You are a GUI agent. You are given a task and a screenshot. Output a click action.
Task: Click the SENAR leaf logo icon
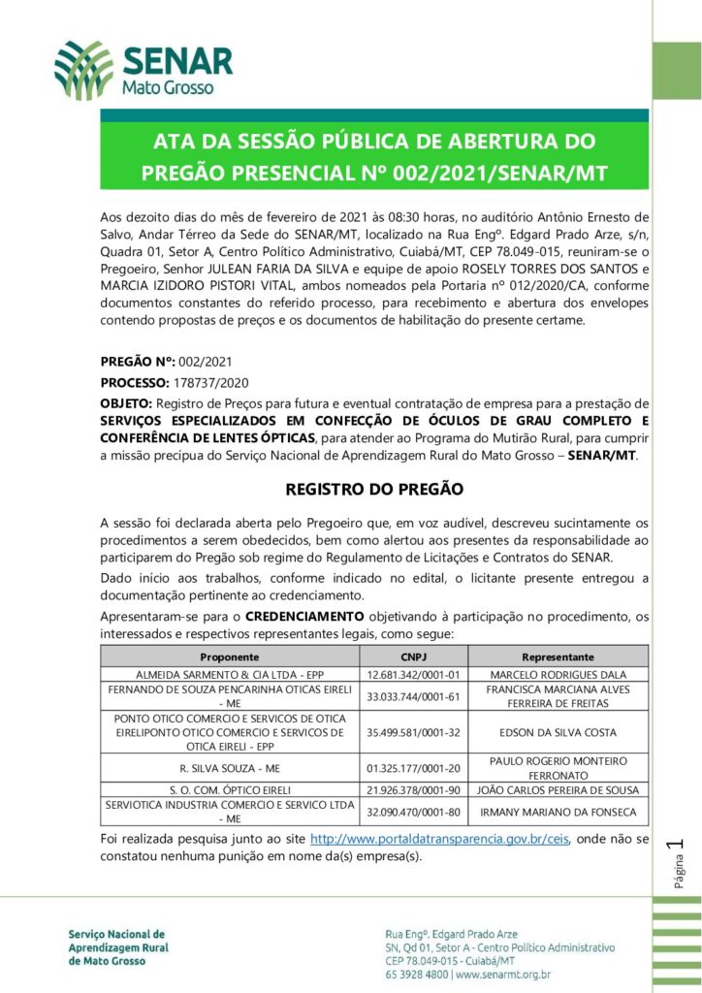(83, 70)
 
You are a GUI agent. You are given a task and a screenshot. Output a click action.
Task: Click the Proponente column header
(229, 657)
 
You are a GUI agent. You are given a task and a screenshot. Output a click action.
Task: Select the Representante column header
(558, 657)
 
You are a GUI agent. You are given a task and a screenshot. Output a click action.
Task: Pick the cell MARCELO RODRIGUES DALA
(558, 674)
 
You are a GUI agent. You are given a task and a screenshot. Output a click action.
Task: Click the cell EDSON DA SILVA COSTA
(558, 733)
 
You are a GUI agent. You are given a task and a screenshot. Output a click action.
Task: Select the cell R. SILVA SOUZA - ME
(229, 769)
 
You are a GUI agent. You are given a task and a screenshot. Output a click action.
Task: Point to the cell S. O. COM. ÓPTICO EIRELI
(229, 790)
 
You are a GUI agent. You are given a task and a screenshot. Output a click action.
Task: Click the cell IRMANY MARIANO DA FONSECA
(558, 812)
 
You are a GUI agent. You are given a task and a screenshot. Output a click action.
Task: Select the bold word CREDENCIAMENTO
(304, 617)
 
